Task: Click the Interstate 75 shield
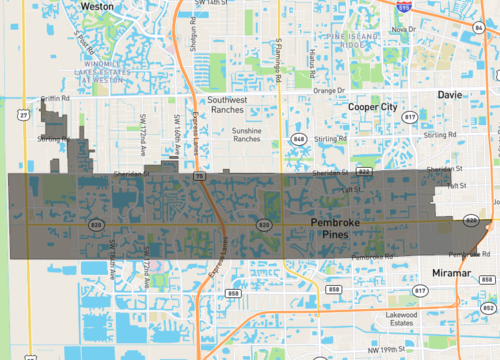pyautogui.click(x=199, y=176)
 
